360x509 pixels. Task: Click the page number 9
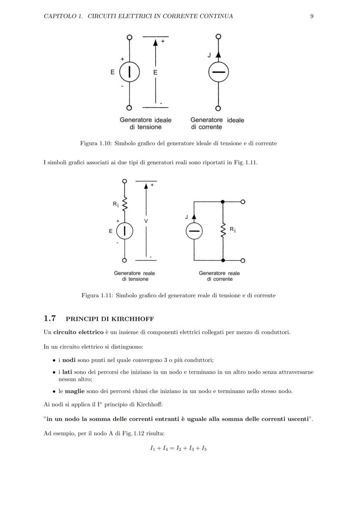coord(312,16)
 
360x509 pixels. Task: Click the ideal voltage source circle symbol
coord(129,72)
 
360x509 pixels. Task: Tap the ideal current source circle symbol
coord(218,72)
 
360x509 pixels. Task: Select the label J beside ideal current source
coord(209,56)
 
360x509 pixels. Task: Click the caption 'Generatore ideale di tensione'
coord(146,123)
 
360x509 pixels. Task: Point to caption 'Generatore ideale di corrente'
coord(217,123)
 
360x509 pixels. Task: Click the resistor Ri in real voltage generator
coord(125,203)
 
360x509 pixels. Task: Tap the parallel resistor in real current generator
coord(223,231)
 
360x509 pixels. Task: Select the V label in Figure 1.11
coord(146,221)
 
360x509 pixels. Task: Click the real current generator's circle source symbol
coord(194,231)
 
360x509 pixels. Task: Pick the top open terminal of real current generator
coord(243,202)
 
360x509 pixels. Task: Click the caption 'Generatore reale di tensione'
coord(134,276)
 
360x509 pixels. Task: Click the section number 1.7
coord(50,319)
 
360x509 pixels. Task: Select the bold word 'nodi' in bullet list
coord(69,360)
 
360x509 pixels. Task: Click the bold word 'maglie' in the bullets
coord(75,391)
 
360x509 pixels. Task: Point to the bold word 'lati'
coord(67,373)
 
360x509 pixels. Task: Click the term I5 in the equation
coord(203,449)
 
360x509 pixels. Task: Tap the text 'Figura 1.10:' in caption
coord(95,143)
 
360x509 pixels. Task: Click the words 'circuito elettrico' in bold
coord(78,333)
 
